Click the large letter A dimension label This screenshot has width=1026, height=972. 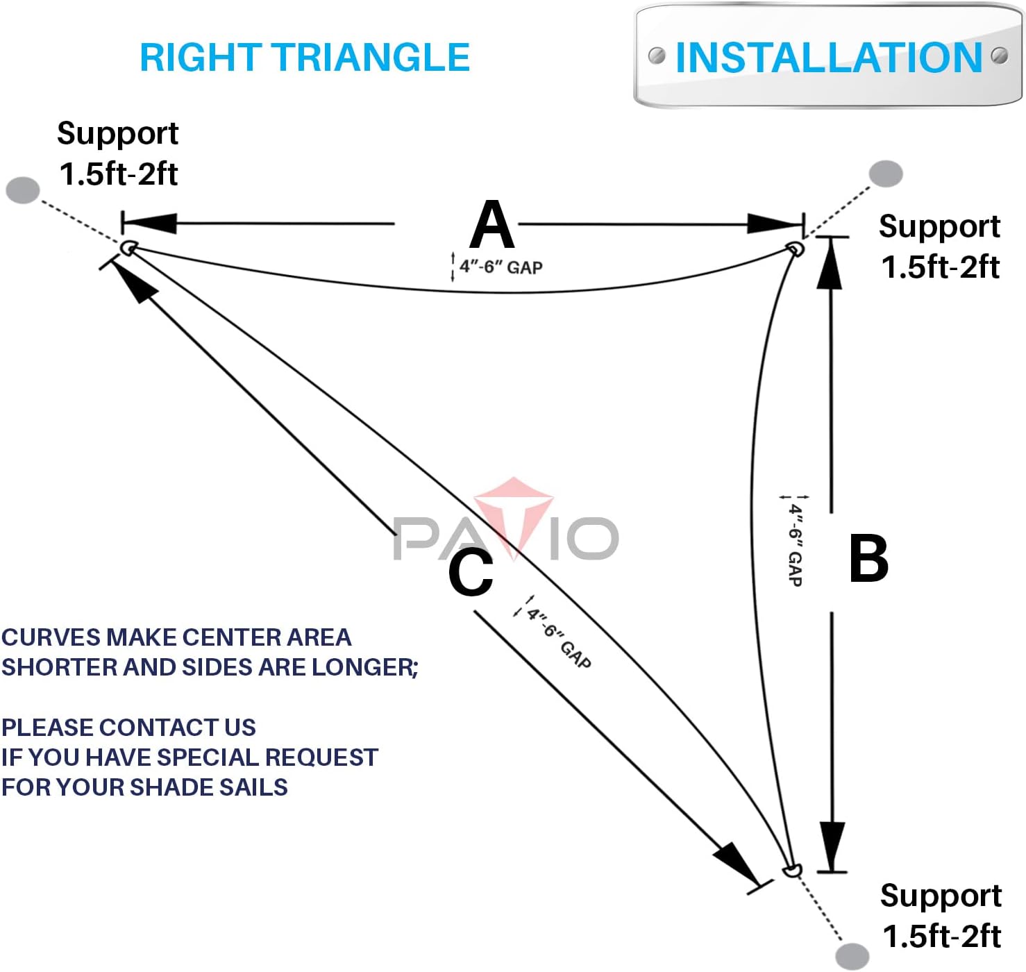pyautogui.click(x=491, y=224)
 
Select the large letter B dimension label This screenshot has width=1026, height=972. pyautogui.click(x=868, y=558)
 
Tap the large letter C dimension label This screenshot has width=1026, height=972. pyautogui.click(x=471, y=572)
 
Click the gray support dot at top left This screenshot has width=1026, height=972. pyautogui.click(x=23, y=190)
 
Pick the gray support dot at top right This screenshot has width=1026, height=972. pyautogui.click(x=886, y=174)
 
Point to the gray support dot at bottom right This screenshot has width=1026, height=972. pyautogui.click(x=852, y=955)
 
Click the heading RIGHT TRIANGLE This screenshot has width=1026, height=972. pyautogui.click(x=305, y=57)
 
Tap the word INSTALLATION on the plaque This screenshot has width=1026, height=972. pyautogui.click(x=828, y=57)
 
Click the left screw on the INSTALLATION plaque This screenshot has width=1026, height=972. pyautogui.click(x=656, y=55)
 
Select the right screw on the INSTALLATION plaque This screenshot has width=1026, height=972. pyautogui.click(x=999, y=55)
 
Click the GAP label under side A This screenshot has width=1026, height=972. pyautogui.click(x=501, y=267)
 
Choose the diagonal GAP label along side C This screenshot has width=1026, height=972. pyautogui.click(x=559, y=637)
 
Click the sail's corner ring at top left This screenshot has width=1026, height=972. pyautogui.click(x=128, y=248)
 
